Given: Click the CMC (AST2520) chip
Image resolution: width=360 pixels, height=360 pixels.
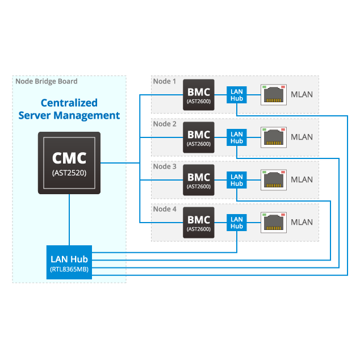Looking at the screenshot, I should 69,163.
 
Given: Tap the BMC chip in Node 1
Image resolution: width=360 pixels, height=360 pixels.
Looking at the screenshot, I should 199,95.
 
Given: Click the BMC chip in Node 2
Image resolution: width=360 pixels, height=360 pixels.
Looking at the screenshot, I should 199,137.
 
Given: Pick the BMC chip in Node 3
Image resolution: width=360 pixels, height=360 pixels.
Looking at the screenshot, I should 199,180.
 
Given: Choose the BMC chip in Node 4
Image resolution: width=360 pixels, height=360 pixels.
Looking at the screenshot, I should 199,223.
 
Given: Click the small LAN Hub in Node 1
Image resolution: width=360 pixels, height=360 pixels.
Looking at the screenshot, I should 237,95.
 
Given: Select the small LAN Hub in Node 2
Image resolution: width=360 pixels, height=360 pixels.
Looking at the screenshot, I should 237,137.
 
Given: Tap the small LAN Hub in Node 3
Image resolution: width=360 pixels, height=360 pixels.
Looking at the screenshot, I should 237,180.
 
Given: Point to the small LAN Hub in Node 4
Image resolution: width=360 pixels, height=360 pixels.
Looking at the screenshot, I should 237,223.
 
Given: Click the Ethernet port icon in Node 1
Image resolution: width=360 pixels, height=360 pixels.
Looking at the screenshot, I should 273,95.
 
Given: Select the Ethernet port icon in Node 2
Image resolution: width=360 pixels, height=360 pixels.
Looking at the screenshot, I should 273,137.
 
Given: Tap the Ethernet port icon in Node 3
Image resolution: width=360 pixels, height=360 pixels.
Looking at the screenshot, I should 273,180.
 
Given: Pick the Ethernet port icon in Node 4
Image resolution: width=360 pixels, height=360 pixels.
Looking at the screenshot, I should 273,223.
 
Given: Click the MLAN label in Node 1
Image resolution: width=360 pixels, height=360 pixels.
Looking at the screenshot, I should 302,94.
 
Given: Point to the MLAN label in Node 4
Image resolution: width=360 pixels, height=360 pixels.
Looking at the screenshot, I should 302,222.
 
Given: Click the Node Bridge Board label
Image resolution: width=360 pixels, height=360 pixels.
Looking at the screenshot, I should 47,81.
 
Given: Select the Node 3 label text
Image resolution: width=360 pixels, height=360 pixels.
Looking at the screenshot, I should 165,166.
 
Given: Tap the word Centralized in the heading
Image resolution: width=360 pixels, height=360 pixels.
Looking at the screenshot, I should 69,103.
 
